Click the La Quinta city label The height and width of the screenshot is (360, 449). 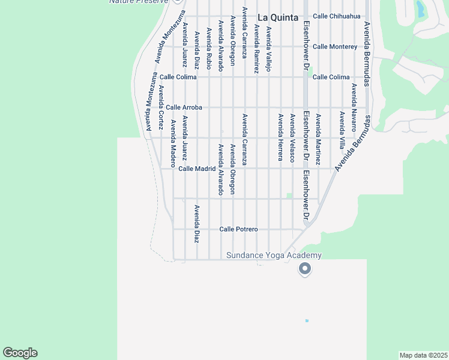278,17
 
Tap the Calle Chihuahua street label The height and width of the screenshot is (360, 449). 336,16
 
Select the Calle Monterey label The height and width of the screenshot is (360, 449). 335,46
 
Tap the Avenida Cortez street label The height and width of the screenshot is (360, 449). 161,107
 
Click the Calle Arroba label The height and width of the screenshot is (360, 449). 184,107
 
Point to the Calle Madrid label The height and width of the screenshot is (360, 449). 197,169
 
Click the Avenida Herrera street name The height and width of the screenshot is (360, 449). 280,137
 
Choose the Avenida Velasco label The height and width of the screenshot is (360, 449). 292,138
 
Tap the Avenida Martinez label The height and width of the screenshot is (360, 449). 318,139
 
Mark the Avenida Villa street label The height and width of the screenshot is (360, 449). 342,130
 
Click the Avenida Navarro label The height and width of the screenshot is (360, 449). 354,107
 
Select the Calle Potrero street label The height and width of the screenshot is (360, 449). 238,229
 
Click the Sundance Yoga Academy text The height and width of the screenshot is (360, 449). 274,255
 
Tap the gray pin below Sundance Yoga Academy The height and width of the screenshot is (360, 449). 305,269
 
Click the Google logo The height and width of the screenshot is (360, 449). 20,353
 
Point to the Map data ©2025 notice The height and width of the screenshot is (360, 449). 424,355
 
